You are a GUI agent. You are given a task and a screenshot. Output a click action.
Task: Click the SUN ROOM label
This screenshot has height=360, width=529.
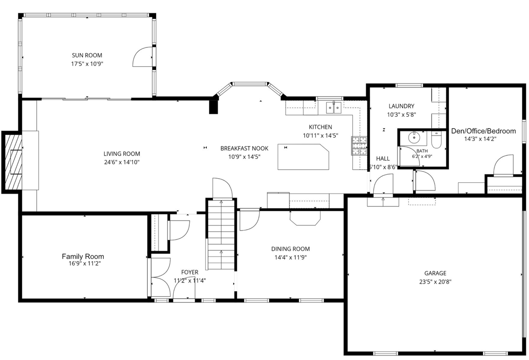[87, 56]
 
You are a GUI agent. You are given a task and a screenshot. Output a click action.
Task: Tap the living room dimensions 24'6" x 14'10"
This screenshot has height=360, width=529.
[121, 162]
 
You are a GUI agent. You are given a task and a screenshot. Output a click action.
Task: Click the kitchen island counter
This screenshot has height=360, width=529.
[303, 157]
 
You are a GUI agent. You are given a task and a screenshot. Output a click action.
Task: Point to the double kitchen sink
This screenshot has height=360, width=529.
[334, 107]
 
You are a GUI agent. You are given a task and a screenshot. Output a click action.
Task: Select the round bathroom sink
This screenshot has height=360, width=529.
[413, 137]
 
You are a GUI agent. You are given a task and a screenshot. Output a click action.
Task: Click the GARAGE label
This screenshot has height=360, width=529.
[435, 273]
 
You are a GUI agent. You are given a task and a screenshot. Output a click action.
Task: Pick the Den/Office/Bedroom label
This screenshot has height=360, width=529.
[483, 131]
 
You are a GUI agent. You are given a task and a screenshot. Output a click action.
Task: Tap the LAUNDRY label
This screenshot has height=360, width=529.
[401, 106]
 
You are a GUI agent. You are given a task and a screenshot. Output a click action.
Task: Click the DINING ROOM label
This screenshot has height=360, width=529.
[290, 249]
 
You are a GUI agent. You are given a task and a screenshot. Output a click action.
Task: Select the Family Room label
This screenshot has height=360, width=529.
[83, 257]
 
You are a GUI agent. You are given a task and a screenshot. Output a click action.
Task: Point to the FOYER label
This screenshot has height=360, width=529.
[190, 272]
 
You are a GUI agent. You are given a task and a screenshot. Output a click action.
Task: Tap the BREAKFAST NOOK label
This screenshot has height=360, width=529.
[244, 149]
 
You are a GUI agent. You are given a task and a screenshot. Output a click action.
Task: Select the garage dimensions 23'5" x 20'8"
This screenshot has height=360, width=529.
[435, 282]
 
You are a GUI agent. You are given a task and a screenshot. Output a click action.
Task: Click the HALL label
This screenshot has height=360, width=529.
[383, 159]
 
